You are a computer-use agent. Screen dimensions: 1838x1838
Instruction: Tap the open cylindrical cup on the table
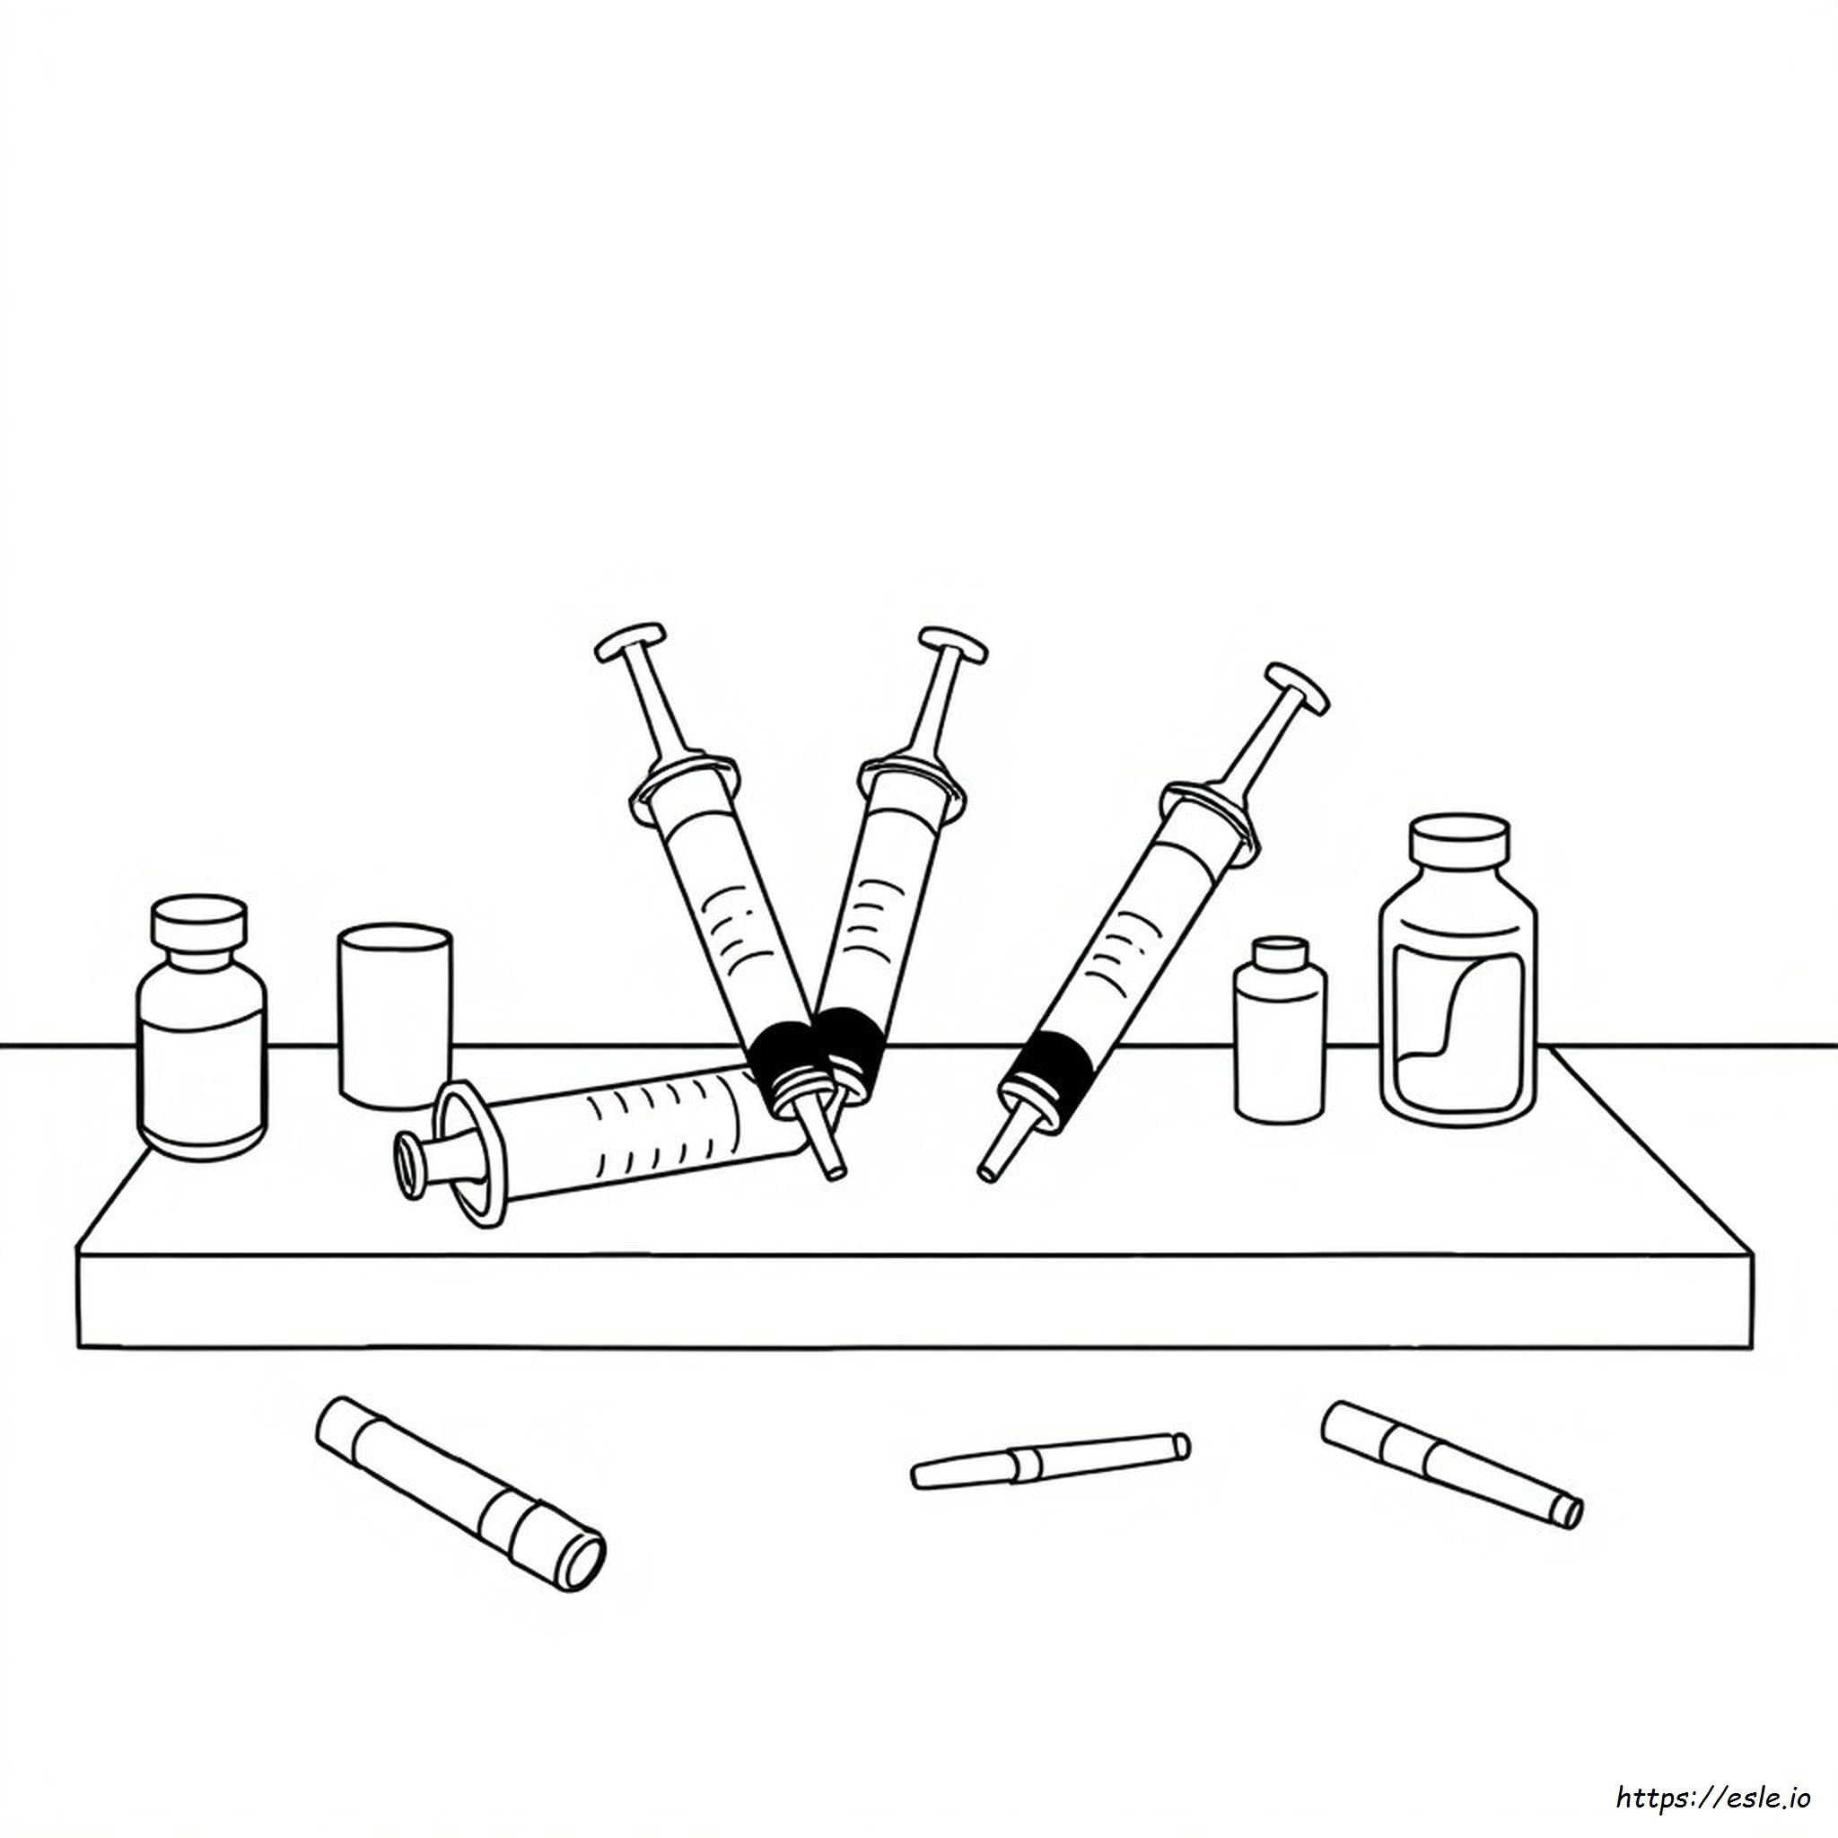coord(395,1016)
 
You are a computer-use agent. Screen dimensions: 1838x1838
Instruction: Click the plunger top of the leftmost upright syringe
coord(630,643)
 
